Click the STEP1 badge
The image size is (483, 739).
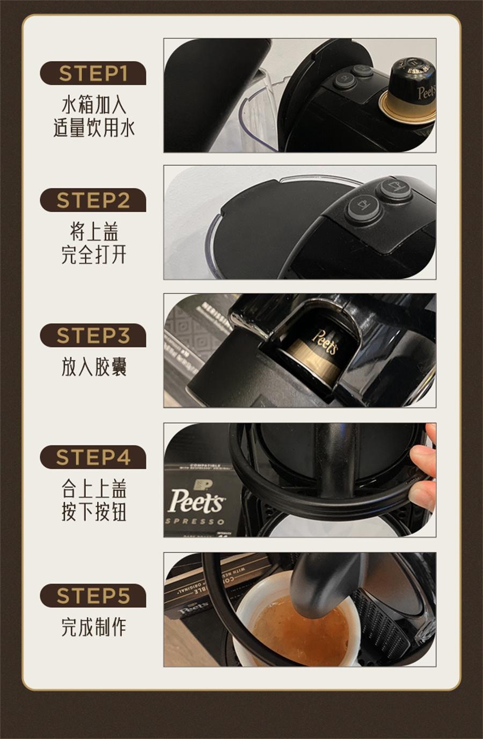(x=93, y=74)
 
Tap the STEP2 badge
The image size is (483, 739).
(x=93, y=200)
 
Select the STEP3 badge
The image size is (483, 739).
(x=93, y=336)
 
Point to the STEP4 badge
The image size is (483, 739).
(x=93, y=457)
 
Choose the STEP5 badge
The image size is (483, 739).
(x=93, y=596)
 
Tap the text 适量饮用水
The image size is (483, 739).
(x=93, y=128)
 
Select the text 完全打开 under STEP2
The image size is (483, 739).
(x=93, y=255)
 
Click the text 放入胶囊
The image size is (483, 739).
(x=93, y=367)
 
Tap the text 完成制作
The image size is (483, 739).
(x=93, y=627)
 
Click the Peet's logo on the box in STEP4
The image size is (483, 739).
(x=196, y=500)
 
